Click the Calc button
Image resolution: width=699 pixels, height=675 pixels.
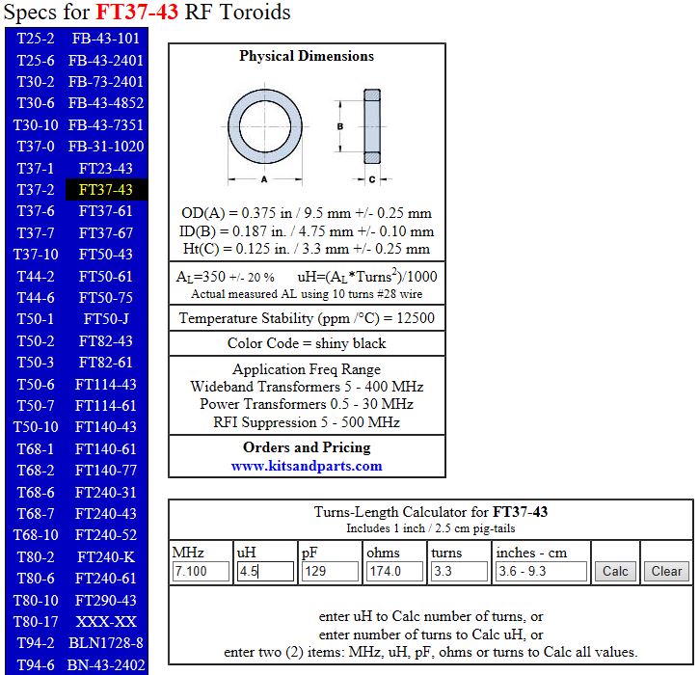(615, 571)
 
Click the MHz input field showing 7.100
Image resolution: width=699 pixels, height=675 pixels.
(200, 571)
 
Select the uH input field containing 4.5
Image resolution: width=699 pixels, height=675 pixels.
(264, 571)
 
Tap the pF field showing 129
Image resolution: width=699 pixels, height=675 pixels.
(329, 571)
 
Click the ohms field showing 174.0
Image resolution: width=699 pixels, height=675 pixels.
(394, 571)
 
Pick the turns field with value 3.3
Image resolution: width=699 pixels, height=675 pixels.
(459, 571)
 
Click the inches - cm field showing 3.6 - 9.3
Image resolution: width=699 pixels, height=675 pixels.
(540, 571)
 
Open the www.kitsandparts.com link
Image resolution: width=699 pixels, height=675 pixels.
(307, 466)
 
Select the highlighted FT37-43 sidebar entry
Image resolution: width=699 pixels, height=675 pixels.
(106, 190)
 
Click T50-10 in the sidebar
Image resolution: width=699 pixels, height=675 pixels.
(37, 427)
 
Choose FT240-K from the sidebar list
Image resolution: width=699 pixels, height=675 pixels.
(106, 557)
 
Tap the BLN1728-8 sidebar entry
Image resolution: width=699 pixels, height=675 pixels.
(106, 643)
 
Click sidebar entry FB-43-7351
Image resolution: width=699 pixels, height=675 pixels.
(106, 125)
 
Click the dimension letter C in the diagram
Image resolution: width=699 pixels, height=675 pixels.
(372, 179)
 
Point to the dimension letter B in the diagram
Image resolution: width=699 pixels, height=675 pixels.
(339, 125)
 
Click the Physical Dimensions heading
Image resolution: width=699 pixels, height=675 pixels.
(307, 56)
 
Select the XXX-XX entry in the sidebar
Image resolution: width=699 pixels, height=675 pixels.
(106, 622)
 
